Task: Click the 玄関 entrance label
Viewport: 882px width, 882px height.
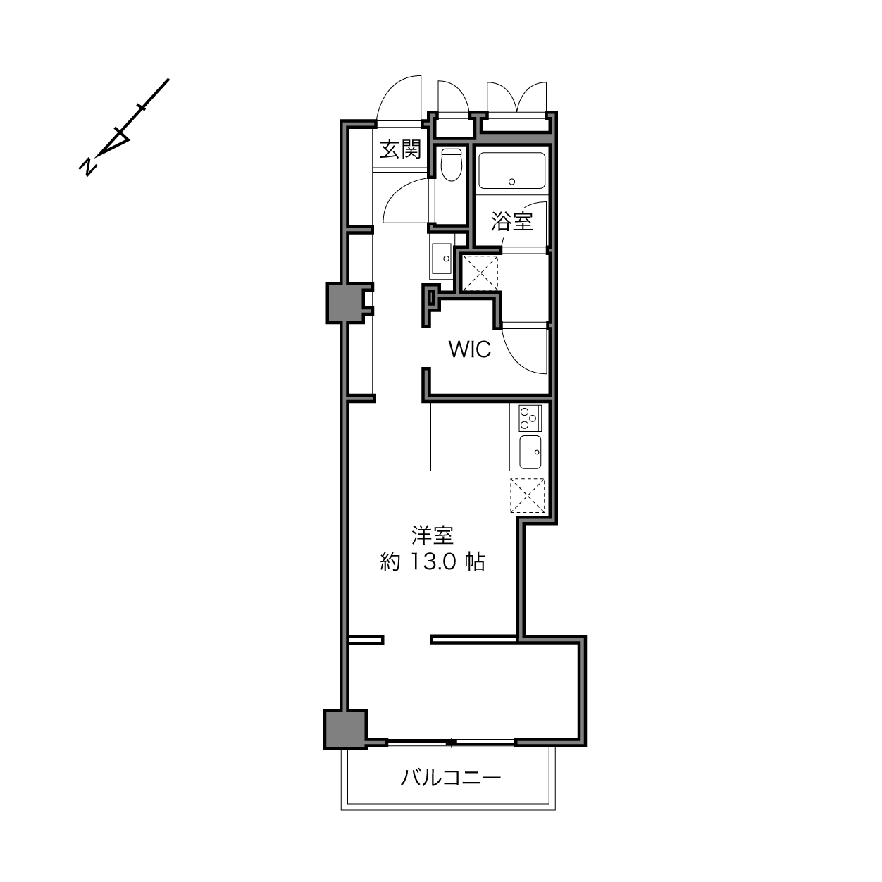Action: tap(401, 149)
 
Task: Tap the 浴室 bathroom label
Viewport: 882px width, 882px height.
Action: tap(511, 221)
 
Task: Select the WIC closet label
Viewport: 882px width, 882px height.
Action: tap(470, 349)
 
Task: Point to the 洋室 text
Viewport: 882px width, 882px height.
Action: tap(433, 535)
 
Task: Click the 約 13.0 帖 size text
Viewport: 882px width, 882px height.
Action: tap(433, 561)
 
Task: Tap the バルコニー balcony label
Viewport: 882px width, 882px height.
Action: tap(450, 777)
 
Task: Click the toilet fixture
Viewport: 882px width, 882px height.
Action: tap(452, 165)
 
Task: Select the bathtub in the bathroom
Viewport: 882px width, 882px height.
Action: tap(511, 170)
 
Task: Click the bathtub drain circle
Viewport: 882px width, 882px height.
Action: tap(511, 182)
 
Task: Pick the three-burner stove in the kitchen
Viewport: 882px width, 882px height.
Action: tap(530, 418)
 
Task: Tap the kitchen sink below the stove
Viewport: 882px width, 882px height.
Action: tap(530, 452)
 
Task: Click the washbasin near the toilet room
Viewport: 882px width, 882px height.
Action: tap(442, 259)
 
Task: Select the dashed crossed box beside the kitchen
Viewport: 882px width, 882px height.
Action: tap(527, 495)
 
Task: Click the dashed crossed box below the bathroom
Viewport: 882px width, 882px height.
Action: tap(480, 273)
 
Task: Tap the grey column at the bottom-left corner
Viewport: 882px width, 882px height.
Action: tap(346, 735)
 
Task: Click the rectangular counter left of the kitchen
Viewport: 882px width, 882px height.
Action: tap(447, 437)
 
